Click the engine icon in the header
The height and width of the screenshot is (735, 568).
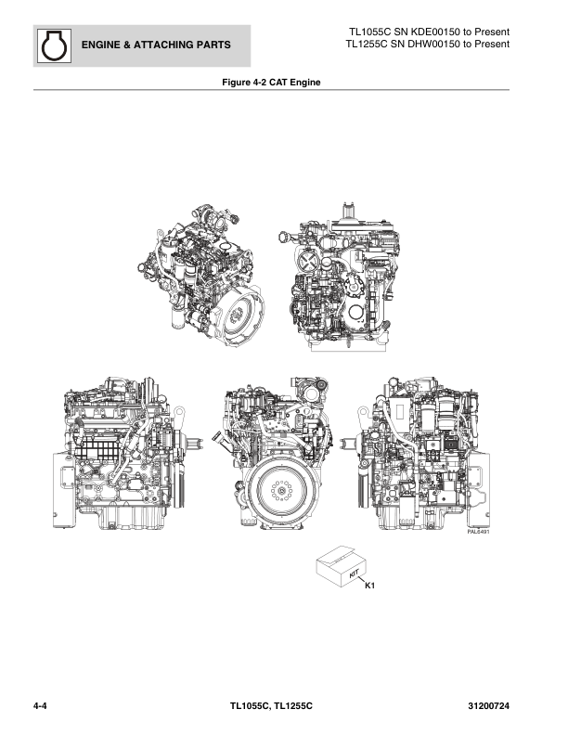coord(54,45)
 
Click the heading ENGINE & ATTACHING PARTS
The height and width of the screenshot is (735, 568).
coord(156,45)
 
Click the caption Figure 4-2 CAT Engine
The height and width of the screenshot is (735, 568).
coord(271,83)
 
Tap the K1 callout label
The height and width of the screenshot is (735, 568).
coord(369,586)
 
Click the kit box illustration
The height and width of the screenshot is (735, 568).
coord(342,566)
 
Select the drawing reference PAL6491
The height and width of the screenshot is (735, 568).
coord(478,532)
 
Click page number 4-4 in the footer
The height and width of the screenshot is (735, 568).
coord(40,706)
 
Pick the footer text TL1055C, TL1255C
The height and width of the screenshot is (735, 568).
coord(271,706)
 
